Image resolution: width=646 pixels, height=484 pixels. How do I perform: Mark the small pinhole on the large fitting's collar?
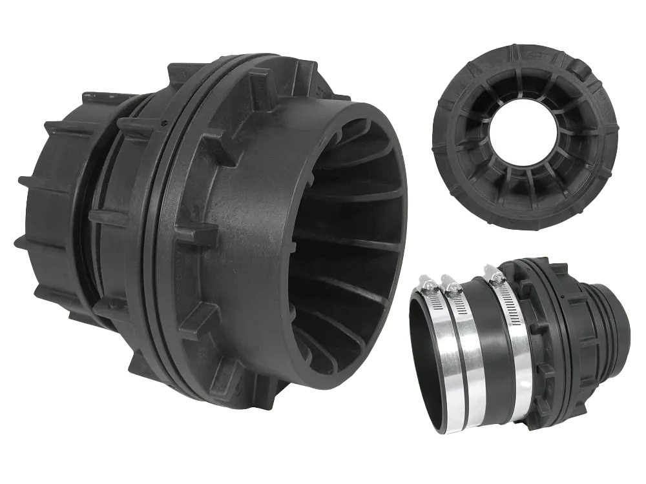(160, 120)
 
